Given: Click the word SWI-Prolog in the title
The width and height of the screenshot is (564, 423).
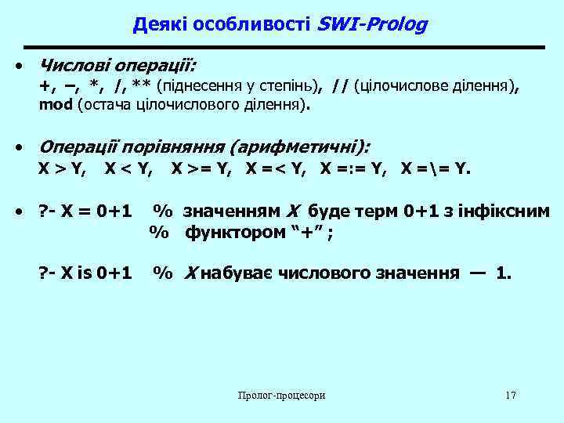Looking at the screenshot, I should pyautogui.click(x=372, y=25).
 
